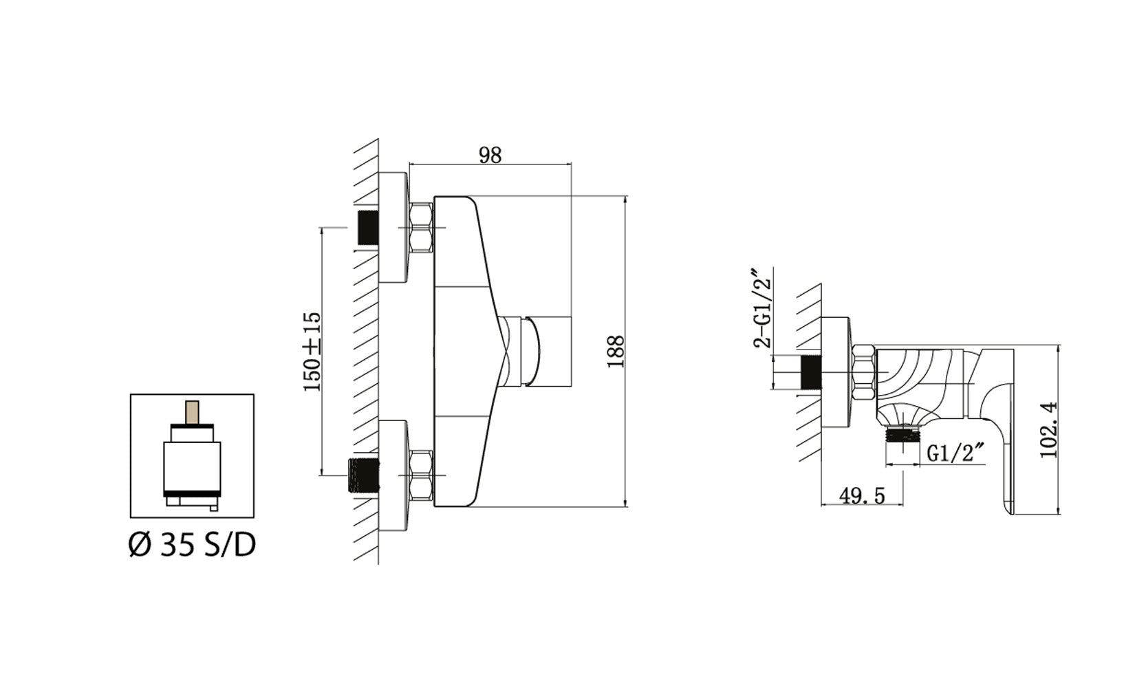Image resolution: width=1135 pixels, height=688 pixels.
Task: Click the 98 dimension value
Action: [x=490, y=155]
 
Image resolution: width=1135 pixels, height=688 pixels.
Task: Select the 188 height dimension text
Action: [x=616, y=351]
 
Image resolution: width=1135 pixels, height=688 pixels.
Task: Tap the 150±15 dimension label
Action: [x=312, y=352]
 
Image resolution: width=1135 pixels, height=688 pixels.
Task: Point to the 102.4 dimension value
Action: [x=1050, y=431]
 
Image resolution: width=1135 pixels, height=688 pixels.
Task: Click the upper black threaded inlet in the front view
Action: [x=369, y=227]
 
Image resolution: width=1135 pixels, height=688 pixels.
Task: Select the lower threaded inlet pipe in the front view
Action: [x=363, y=474]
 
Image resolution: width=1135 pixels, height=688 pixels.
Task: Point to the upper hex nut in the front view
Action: [x=421, y=227]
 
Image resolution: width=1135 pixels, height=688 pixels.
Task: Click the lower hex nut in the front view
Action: [x=421, y=475]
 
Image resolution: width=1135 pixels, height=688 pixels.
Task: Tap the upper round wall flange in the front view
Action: [x=394, y=228]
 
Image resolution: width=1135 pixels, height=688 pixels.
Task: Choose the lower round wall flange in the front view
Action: [x=394, y=475]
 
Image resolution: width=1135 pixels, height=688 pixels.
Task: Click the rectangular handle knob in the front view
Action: [x=548, y=351]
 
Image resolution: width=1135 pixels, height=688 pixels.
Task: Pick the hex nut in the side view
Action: [x=863, y=374]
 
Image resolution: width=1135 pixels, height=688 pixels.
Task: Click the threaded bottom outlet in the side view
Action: [x=902, y=436]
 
